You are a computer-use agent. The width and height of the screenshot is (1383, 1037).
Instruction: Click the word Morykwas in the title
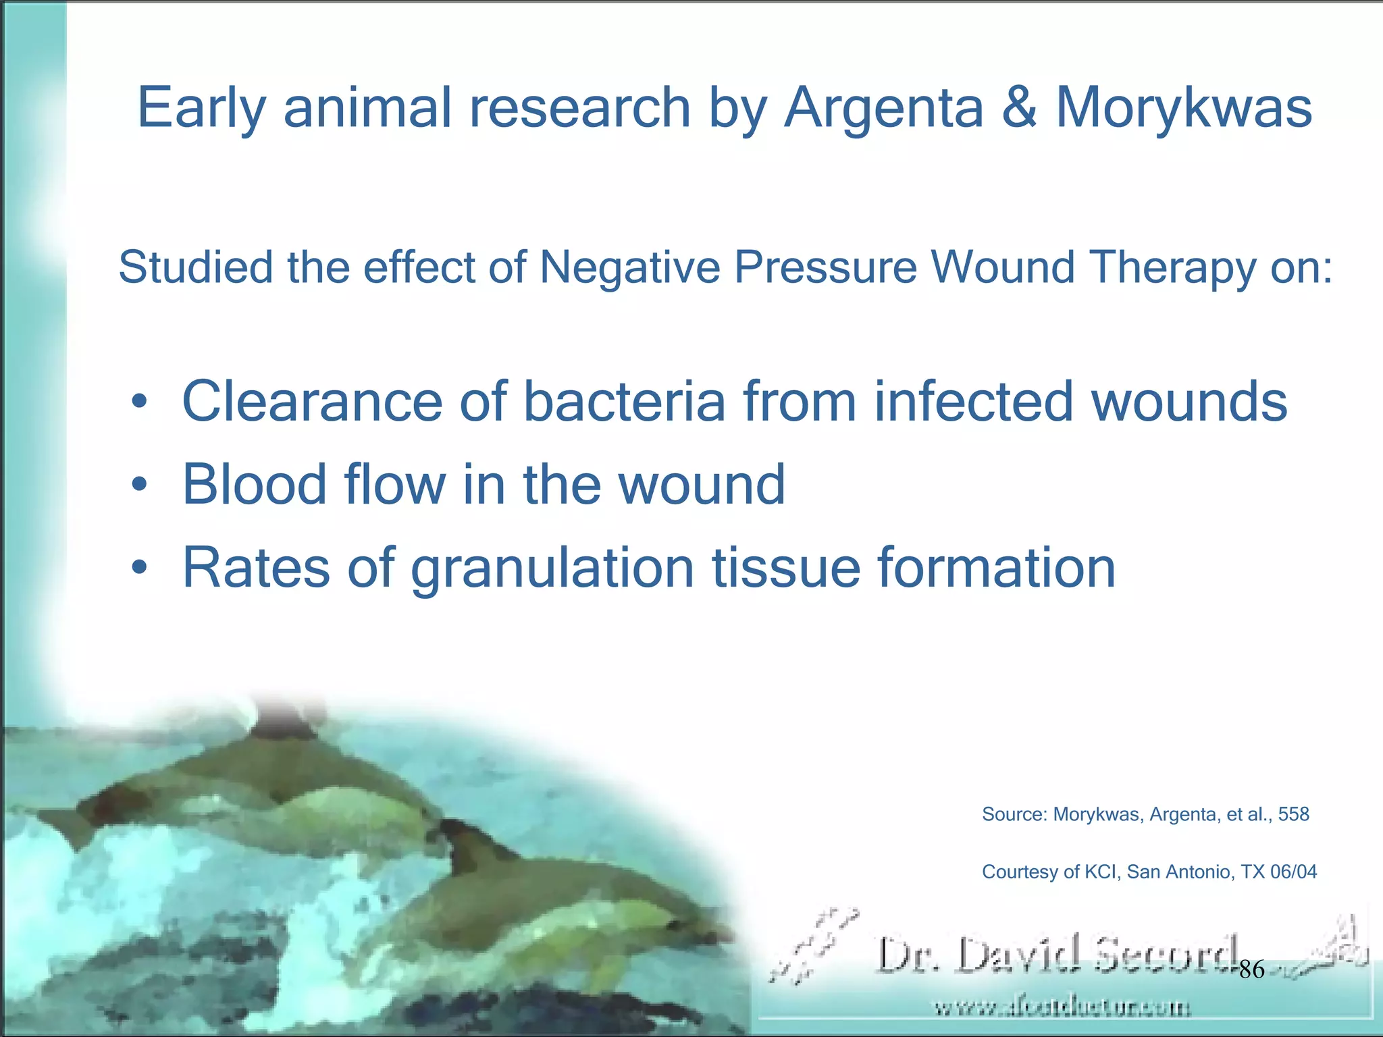click(x=1183, y=108)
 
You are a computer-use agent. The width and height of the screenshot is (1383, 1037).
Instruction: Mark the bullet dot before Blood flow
click(x=139, y=485)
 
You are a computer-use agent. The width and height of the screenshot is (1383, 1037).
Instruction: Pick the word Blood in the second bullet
click(x=255, y=484)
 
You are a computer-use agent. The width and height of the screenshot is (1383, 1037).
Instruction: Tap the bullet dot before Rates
click(x=139, y=568)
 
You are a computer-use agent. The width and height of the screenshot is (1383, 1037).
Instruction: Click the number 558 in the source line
click(x=1293, y=814)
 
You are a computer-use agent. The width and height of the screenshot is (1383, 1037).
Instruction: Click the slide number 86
click(x=1251, y=970)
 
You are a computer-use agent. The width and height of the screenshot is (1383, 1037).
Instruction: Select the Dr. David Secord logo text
click(x=1057, y=955)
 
